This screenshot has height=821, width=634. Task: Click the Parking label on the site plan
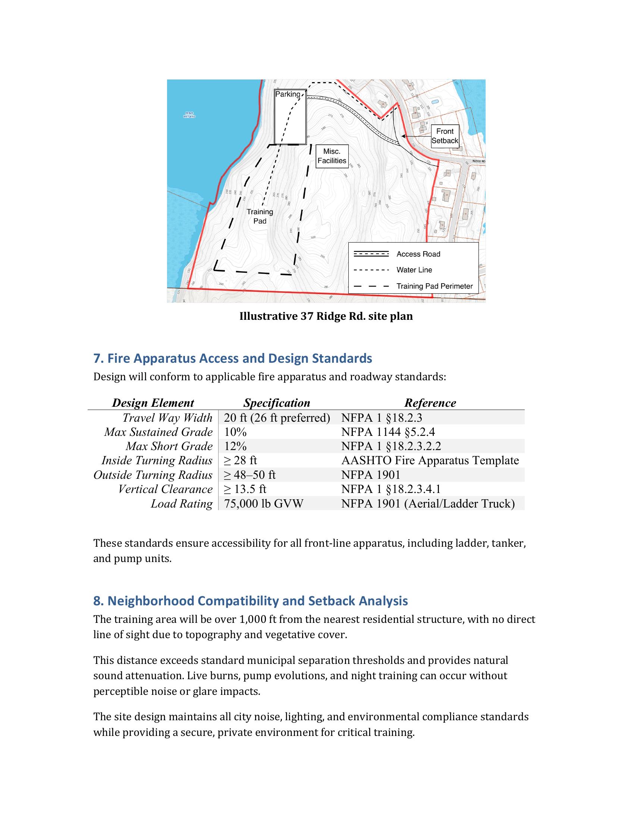click(x=288, y=94)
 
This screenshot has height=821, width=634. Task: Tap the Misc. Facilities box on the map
click(x=332, y=156)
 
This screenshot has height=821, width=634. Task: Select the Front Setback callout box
click(x=445, y=136)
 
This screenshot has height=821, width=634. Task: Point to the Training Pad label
click(x=260, y=216)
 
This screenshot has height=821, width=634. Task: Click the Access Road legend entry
click(x=418, y=254)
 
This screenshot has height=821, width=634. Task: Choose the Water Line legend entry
click(x=414, y=270)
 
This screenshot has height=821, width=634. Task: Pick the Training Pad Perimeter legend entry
click(x=434, y=286)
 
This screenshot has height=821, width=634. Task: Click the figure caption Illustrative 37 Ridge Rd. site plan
click(x=326, y=316)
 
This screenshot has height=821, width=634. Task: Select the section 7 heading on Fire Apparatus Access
click(x=232, y=358)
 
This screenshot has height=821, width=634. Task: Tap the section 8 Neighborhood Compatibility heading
click(x=250, y=601)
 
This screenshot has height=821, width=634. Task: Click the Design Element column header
click(x=153, y=403)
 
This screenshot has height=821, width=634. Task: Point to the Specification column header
click(x=277, y=403)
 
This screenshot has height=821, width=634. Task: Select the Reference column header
click(x=430, y=403)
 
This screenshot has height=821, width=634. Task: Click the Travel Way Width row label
click(x=167, y=418)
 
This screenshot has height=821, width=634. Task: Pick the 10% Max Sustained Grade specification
click(x=235, y=432)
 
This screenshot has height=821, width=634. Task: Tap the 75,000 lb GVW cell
click(x=263, y=503)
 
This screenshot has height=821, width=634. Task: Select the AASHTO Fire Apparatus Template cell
click(x=430, y=461)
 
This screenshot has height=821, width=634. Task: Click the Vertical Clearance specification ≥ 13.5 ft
click(x=245, y=489)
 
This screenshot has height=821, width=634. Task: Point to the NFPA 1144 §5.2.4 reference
click(x=387, y=432)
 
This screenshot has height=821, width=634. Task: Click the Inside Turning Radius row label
click(x=157, y=461)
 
